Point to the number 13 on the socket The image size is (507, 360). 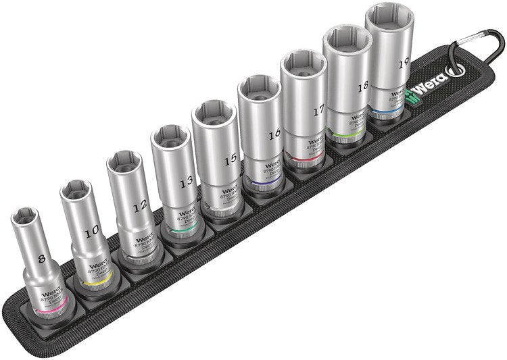point(187,181)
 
